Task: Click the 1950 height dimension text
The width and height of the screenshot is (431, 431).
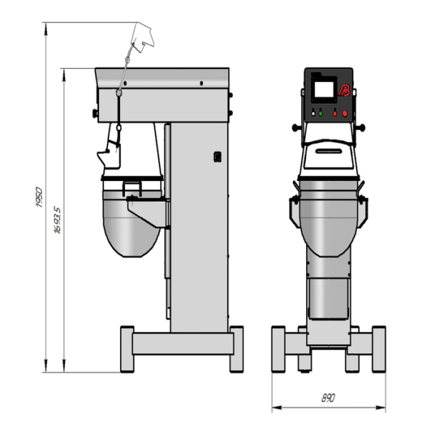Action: click(x=39, y=197)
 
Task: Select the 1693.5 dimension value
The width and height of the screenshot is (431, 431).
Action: click(x=57, y=221)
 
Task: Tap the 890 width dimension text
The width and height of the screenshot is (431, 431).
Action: click(x=328, y=398)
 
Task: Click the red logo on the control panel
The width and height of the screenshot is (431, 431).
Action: click(x=344, y=91)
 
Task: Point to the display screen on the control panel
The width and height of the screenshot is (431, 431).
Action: click(x=324, y=89)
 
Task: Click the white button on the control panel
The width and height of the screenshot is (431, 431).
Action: click(x=313, y=113)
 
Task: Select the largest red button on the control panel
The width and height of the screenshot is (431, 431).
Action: click(x=344, y=113)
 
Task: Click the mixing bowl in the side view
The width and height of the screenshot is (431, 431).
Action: click(x=131, y=224)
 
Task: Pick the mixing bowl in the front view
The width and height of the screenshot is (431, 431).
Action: click(x=328, y=218)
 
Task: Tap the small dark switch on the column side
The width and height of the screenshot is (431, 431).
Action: click(x=218, y=157)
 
